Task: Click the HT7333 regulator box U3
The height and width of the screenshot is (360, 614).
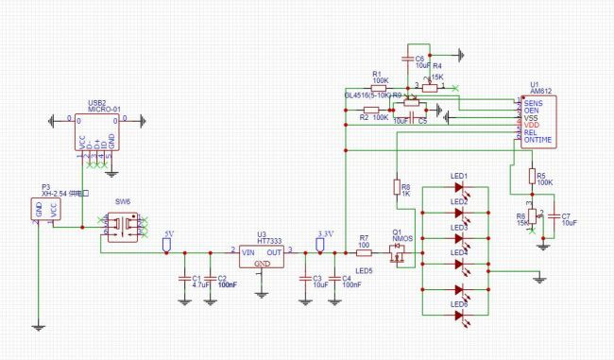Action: [260, 257]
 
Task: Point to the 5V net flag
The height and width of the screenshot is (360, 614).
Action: [166, 244]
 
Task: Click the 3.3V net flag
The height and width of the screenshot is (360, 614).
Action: [320, 244]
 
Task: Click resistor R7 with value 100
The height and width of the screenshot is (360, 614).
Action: [365, 252]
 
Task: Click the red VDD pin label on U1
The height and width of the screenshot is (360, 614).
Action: [531, 125]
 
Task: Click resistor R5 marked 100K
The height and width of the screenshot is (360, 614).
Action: [530, 178]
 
